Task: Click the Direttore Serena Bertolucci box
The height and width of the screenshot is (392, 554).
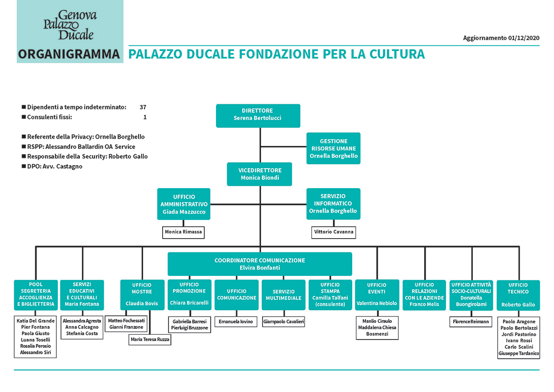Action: coord(258,116)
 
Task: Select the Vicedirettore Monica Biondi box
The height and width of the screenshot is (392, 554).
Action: coord(259,174)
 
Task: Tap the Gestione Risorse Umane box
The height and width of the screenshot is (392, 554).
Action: coord(333,148)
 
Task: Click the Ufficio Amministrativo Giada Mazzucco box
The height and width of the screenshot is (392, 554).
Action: coord(184,204)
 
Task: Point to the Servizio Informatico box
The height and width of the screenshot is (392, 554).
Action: coord(333,204)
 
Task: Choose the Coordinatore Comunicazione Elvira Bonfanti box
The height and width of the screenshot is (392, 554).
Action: coord(260,264)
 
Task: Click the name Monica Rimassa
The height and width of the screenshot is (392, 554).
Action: coord(183,232)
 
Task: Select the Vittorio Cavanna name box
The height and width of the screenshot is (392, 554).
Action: coord(334,232)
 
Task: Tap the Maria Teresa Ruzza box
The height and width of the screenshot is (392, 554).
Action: coord(150,340)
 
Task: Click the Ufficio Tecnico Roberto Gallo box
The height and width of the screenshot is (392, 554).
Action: coord(518,295)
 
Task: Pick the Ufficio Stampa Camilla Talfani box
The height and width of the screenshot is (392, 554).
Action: coord(330,295)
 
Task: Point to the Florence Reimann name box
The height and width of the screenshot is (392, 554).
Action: coord(471,321)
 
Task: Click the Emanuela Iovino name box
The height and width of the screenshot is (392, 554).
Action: coord(236,321)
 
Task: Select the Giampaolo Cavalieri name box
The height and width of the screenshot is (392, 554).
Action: coord(283,321)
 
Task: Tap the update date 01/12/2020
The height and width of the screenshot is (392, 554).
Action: coord(524,38)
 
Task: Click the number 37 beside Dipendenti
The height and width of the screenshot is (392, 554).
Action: coord(143,107)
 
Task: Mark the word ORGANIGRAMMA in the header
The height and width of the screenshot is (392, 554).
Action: coord(69,54)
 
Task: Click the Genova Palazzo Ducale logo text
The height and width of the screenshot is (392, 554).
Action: coord(70,24)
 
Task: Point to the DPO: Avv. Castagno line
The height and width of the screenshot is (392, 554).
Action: coord(52,167)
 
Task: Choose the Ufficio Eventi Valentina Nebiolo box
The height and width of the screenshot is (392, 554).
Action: coord(377,295)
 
